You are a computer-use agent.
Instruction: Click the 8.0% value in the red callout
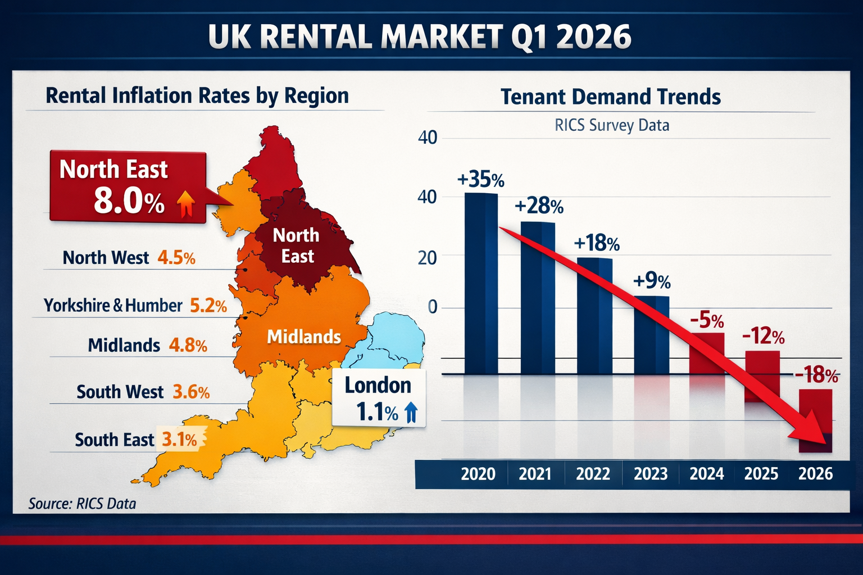[x=129, y=200]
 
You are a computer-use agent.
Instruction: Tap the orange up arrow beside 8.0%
[x=186, y=203]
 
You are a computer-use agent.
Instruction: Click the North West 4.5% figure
[x=176, y=258]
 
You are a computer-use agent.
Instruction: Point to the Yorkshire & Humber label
[x=113, y=305]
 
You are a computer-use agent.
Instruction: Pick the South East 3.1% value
[x=180, y=440]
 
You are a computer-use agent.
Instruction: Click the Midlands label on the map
[x=303, y=336]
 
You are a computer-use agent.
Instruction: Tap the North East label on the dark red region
[x=296, y=245]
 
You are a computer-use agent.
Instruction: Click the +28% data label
[x=539, y=206]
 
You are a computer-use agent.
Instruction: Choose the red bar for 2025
[x=762, y=376]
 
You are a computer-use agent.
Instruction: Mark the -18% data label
[x=816, y=375]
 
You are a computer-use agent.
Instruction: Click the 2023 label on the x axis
[x=650, y=474]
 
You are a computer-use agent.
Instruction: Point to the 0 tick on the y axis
[x=432, y=307]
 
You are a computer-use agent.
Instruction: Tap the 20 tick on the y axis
[x=428, y=258]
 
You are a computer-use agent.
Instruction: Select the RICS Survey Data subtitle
[x=611, y=125]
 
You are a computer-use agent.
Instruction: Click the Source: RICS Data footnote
[x=82, y=504]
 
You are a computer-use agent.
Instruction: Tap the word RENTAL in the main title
[x=317, y=37]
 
